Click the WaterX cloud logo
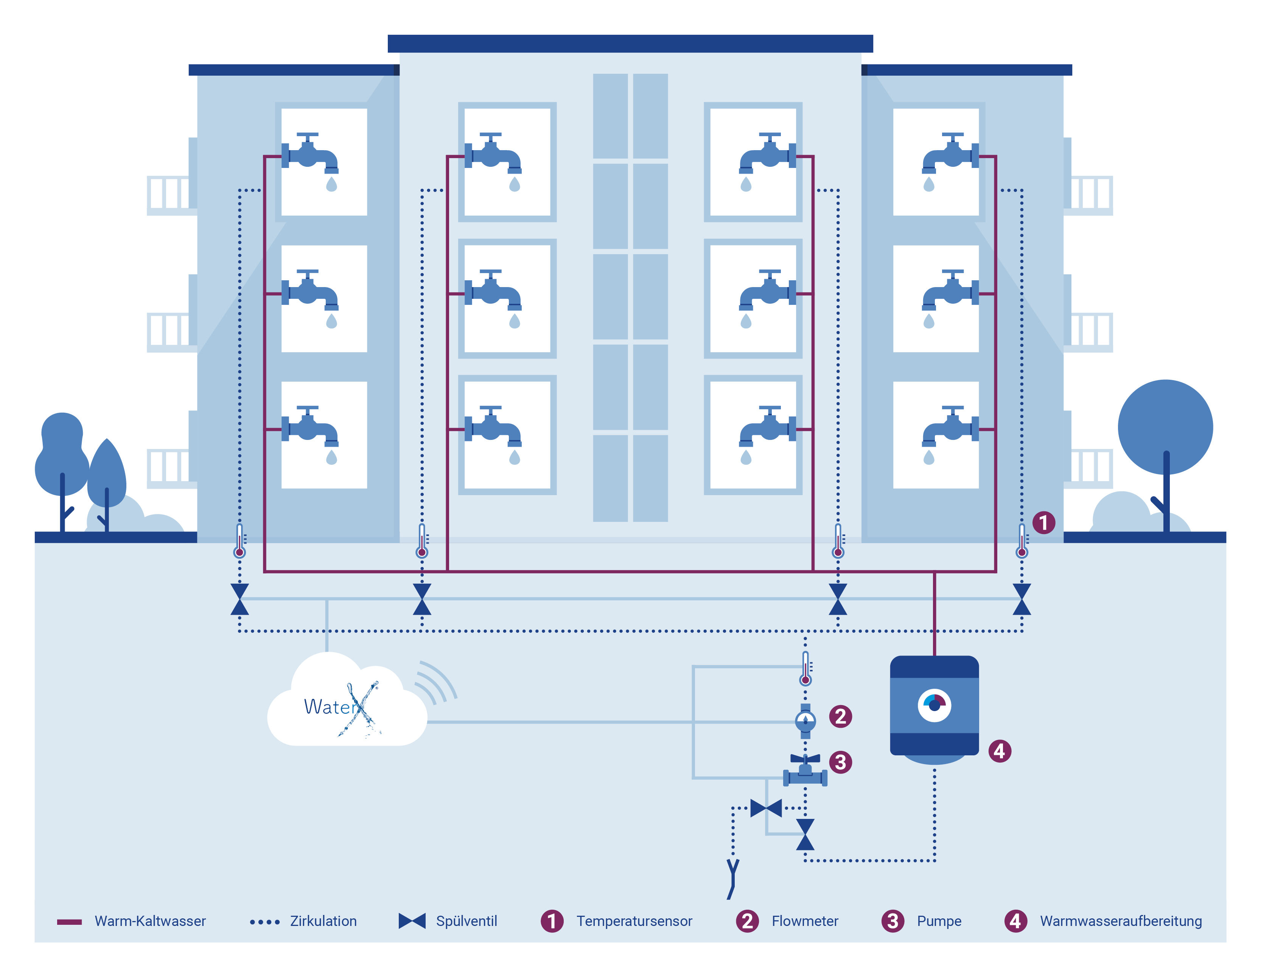click(x=347, y=707)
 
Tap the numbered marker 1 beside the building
click(x=1043, y=523)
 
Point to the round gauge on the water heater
click(x=934, y=705)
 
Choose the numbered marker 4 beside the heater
click(x=1000, y=751)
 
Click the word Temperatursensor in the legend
click(x=634, y=921)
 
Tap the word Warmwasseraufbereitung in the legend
click(x=1121, y=921)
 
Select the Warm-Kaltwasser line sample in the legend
click(x=69, y=922)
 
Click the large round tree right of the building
click(x=1165, y=427)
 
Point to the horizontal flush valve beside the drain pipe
click(x=766, y=808)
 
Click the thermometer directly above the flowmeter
click(x=805, y=668)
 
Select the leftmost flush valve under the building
click(x=239, y=599)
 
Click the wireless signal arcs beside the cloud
click(x=436, y=684)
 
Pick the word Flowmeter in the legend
click(x=805, y=921)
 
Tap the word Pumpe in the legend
click(x=939, y=921)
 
